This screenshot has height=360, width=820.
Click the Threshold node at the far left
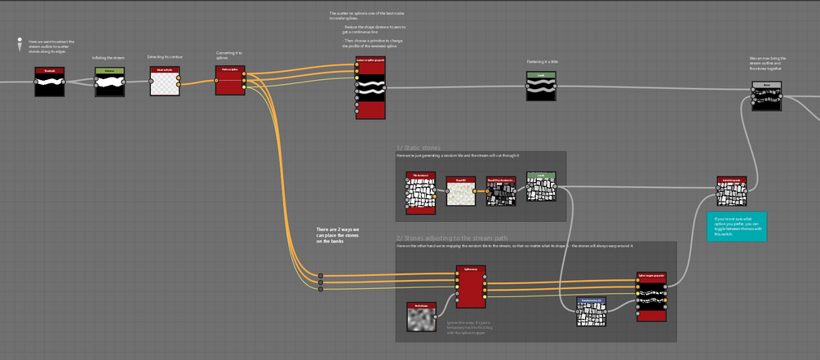click(x=49, y=82)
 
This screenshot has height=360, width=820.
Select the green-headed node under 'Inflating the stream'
click(x=109, y=82)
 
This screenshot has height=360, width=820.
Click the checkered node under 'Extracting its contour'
click(x=165, y=82)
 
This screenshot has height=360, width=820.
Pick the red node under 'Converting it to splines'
click(x=230, y=80)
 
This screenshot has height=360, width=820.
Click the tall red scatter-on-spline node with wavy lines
click(x=370, y=88)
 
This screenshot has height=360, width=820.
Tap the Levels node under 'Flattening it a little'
click(x=541, y=86)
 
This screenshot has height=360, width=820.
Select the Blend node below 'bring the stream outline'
click(x=766, y=96)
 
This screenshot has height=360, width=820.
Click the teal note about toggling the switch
click(x=738, y=225)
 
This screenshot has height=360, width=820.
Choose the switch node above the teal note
click(x=732, y=191)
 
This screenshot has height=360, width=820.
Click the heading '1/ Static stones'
click(x=417, y=148)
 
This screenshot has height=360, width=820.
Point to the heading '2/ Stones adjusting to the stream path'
click(x=453, y=238)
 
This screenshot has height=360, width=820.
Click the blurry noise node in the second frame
click(x=421, y=317)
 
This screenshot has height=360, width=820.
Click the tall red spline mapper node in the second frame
click(x=471, y=286)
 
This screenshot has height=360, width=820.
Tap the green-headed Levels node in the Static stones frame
click(x=540, y=186)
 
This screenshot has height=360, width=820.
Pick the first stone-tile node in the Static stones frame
click(x=421, y=193)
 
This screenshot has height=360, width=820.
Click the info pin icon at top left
click(x=19, y=45)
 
